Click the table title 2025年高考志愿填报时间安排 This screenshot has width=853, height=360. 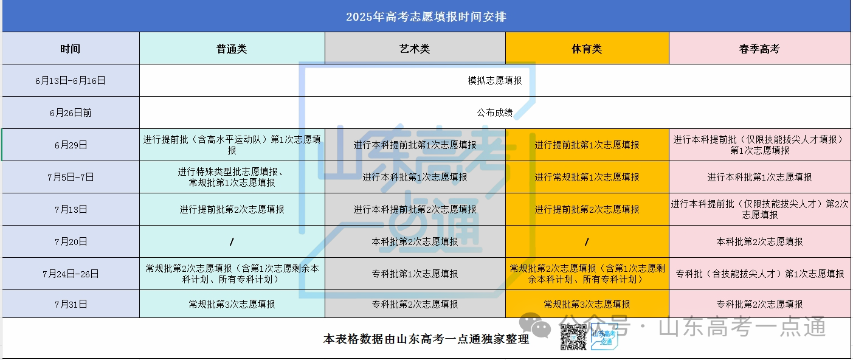(426, 17)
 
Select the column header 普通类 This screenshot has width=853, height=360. (232, 49)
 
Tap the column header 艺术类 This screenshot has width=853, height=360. (415, 49)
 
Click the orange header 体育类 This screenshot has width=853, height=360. (587, 49)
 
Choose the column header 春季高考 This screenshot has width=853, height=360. (759, 49)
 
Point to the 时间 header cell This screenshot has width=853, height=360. (71, 49)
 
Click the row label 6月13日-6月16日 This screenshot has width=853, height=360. (71, 81)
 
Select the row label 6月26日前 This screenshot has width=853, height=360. (71, 112)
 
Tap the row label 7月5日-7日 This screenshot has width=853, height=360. (71, 177)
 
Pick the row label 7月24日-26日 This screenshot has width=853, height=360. (71, 274)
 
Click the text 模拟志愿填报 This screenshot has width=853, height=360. (495, 80)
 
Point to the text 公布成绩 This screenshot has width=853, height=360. (495, 112)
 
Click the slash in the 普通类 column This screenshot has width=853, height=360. (232, 241)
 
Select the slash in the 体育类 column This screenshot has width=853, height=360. (587, 241)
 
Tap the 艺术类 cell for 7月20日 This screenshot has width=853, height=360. (415, 241)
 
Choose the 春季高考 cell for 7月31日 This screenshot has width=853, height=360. (759, 304)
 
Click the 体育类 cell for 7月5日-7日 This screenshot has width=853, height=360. (587, 177)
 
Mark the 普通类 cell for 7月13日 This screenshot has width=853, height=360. (232, 210)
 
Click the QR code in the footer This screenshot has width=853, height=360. (573, 337)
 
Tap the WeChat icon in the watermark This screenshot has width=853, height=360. (536, 325)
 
